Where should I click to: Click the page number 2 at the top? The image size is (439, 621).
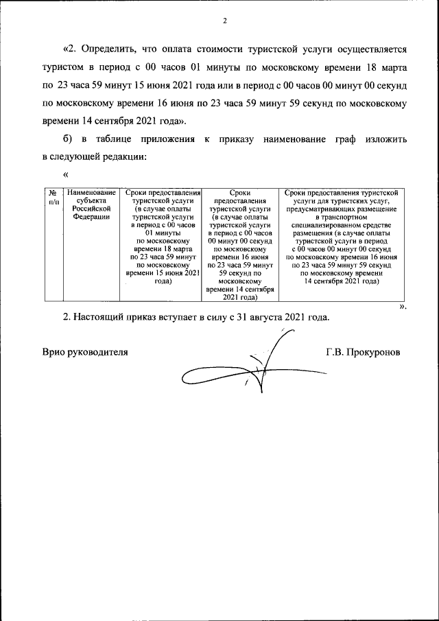tap(224, 20)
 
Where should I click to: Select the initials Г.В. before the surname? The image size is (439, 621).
tap(335, 352)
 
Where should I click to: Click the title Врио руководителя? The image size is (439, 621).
tap(85, 352)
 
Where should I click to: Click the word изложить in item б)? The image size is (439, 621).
tap(387, 139)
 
